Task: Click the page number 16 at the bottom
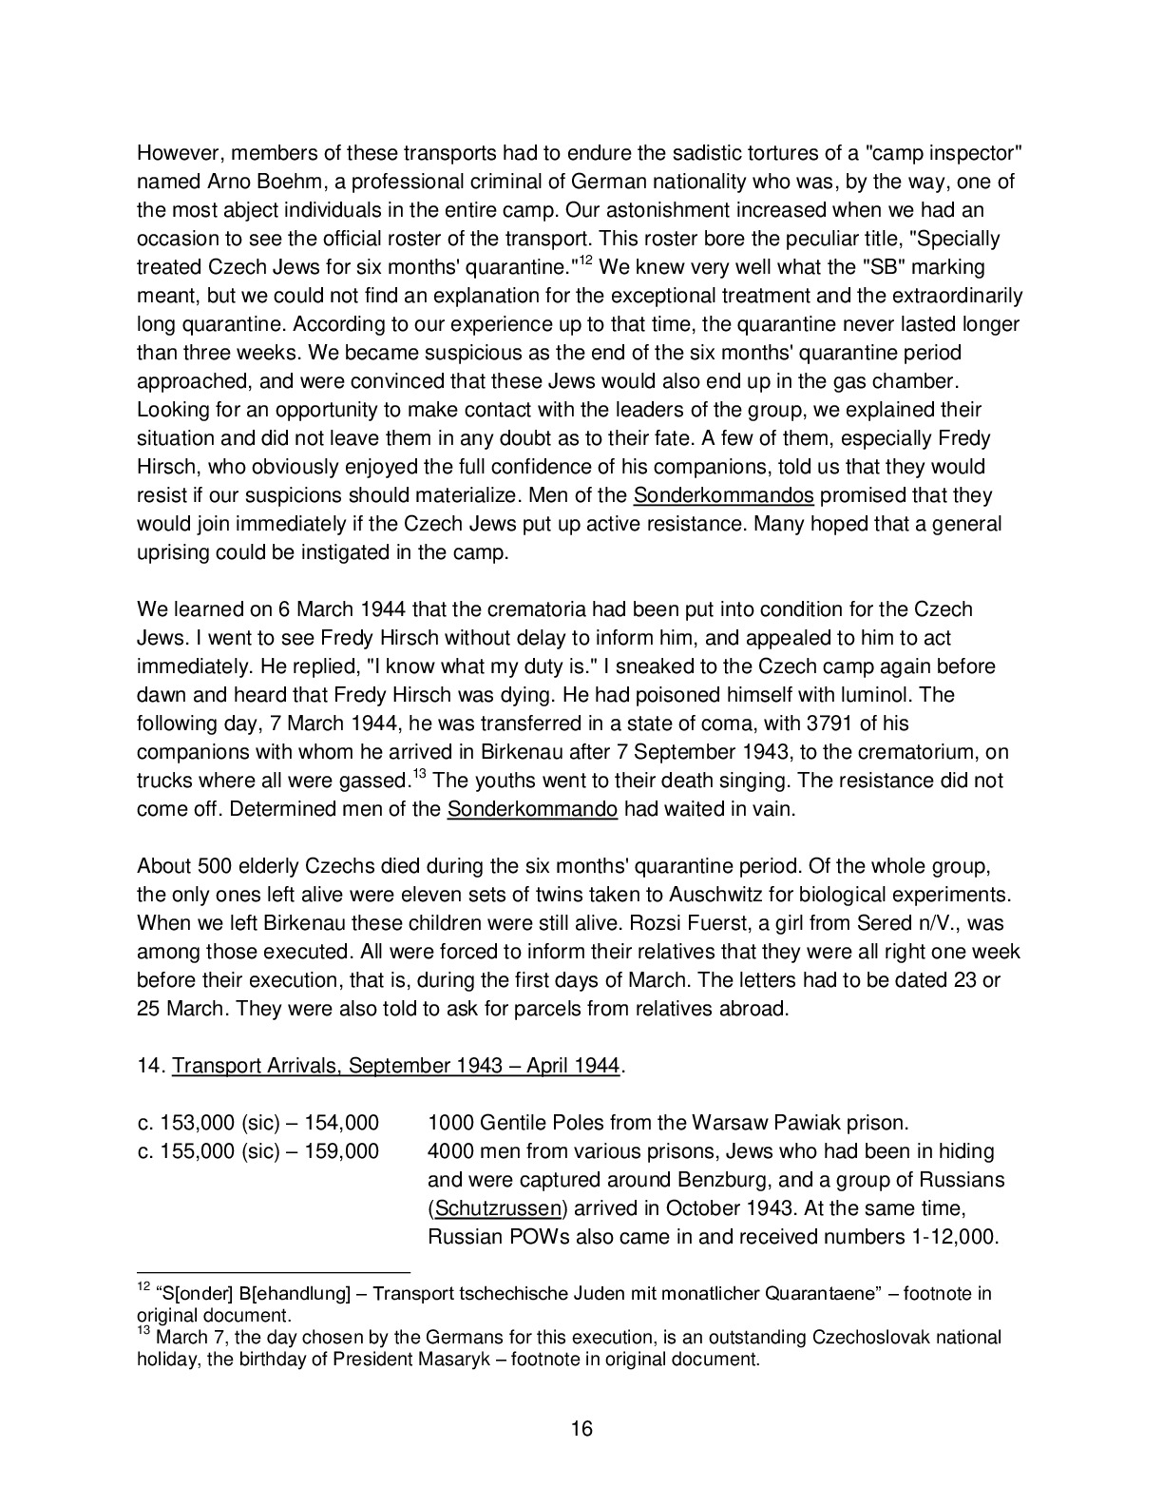pyautogui.click(x=581, y=1428)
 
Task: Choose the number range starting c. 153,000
pyautogui.click(x=257, y=1123)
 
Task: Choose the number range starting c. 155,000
pyautogui.click(x=257, y=1151)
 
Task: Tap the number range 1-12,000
pyautogui.click(x=945, y=1237)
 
